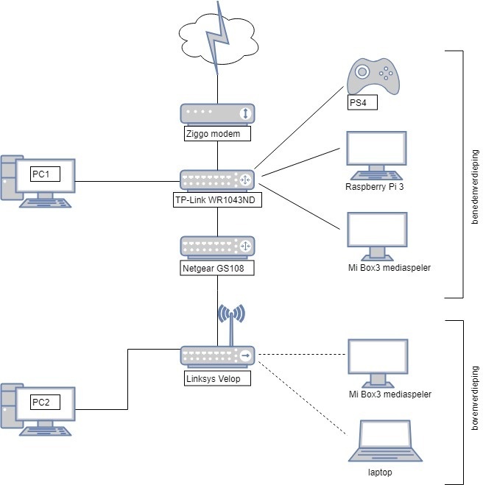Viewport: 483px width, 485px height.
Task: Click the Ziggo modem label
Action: (x=217, y=134)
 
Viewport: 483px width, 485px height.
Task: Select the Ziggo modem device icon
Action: (x=217, y=113)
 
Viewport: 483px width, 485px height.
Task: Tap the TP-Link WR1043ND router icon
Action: (x=217, y=180)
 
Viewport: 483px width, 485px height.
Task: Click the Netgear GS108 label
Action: (x=218, y=269)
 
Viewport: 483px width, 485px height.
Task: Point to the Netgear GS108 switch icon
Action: (x=217, y=246)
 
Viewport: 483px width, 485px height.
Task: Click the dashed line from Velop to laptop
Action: (x=302, y=395)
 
